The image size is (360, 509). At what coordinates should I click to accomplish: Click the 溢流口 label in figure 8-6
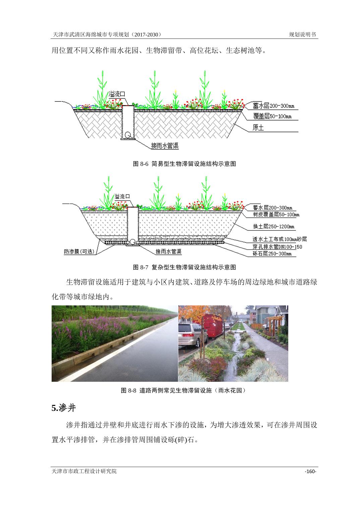(x=117, y=94)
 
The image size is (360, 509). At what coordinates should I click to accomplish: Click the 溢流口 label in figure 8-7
(x=122, y=197)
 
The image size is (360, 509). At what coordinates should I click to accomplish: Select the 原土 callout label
(x=258, y=127)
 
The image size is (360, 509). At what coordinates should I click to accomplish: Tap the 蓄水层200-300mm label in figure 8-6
(x=274, y=106)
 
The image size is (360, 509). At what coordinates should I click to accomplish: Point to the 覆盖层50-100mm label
(x=272, y=116)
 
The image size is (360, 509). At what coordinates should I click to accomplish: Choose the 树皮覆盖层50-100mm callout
(x=276, y=214)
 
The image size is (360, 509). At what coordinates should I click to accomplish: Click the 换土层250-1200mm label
(x=274, y=226)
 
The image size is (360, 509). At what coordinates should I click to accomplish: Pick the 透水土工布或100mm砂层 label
(x=280, y=239)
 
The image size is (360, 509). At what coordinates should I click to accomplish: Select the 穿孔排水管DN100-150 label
(x=277, y=246)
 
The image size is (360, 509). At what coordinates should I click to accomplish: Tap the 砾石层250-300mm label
(x=272, y=253)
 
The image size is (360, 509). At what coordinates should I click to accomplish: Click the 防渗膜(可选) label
(x=79, y=251)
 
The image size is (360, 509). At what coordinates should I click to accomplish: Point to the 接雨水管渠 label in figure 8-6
(x=165, y=146)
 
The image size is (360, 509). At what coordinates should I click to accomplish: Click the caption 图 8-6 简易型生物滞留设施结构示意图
(x=184, y=164)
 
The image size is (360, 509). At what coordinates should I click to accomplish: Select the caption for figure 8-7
(x=184, y=267)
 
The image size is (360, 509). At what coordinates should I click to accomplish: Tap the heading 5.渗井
(x=63, y=408)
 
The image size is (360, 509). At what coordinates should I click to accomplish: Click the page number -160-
(x=310, y=471)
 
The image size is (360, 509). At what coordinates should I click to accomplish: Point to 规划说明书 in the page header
(x=302, y=34)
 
